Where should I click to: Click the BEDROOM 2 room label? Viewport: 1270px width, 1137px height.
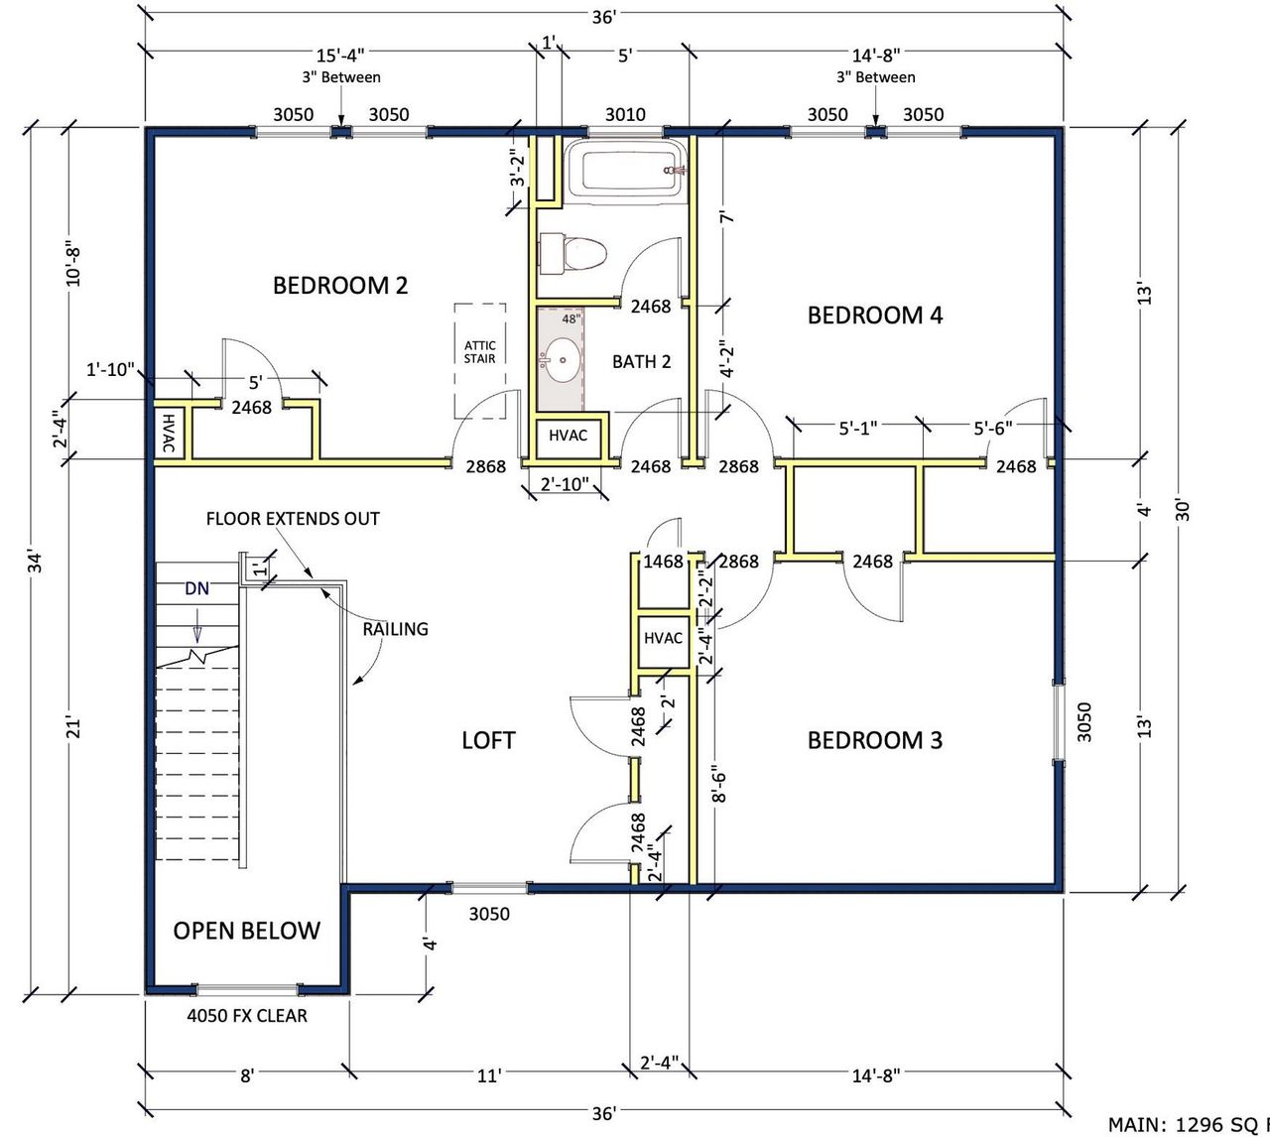coord(340,286)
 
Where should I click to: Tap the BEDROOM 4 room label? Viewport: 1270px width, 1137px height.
coord(874,316)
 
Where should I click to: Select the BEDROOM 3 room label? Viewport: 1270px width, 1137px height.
coord(874,740)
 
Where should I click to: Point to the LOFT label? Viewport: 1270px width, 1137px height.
coord(488,740)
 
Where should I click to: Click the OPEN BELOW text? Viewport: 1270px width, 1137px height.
coord(246,931)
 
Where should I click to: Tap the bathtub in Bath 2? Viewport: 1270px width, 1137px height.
coord(625,170)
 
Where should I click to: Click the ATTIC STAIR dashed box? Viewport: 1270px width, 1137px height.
coord(480,360)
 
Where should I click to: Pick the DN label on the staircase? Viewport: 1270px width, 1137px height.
coord(197,588)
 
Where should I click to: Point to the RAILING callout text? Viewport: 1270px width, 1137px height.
coord(395,629)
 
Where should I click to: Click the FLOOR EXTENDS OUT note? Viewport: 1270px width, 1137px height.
coord(293,519)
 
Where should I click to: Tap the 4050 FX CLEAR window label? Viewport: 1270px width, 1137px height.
coord(247,1016)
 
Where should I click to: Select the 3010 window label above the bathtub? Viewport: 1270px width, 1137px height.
coord(625,114)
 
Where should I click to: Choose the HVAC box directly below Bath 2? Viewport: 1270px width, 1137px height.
coord(569,437)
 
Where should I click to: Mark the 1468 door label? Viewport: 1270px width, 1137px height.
coord(663,562)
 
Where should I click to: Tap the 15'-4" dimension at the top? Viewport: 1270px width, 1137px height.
coord(341,56)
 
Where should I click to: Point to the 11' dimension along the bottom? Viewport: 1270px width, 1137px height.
coord(489,1075)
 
